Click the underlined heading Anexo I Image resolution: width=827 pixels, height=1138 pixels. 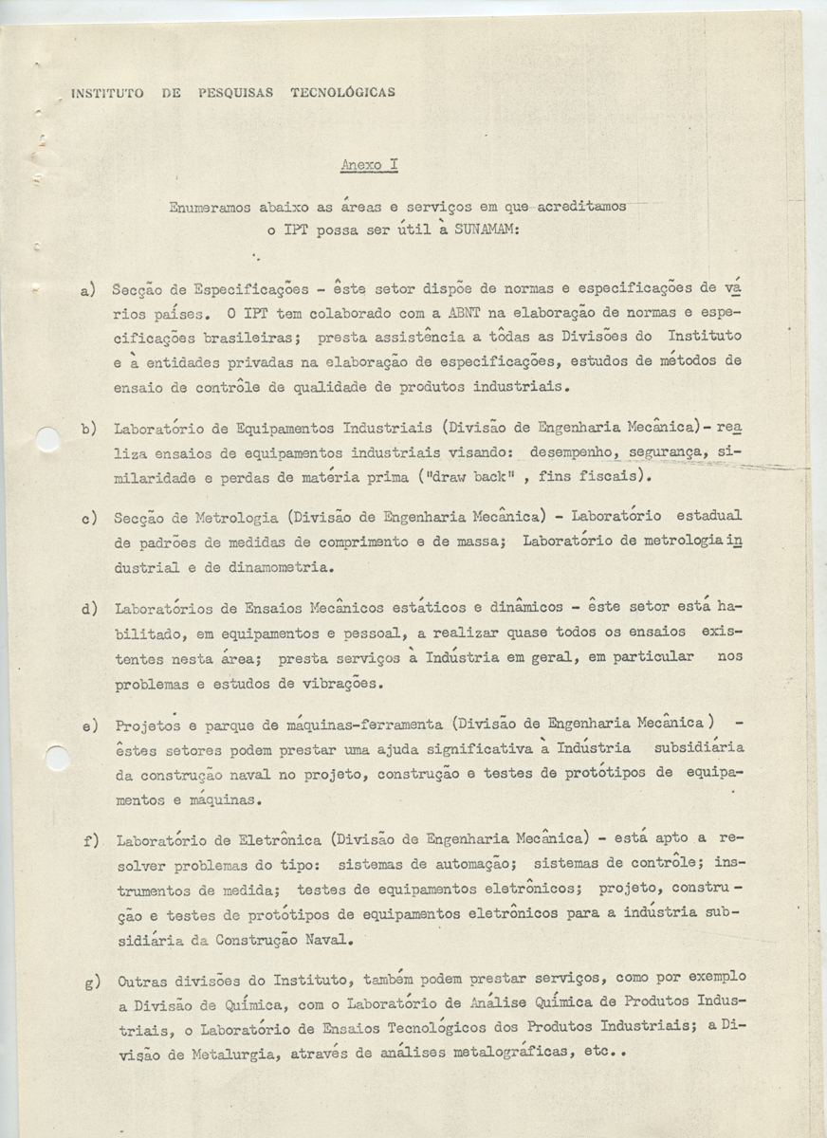point(369,165)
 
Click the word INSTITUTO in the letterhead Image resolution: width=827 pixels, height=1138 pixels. point(107,93)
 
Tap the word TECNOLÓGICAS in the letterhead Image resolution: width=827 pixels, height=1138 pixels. point(342,93)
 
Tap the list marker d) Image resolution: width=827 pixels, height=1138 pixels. point(87,608)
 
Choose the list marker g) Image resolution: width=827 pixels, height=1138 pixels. point(92,981)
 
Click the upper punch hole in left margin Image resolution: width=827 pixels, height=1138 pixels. point(46,438)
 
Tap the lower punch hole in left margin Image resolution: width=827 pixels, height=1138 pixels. point(56,758)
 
